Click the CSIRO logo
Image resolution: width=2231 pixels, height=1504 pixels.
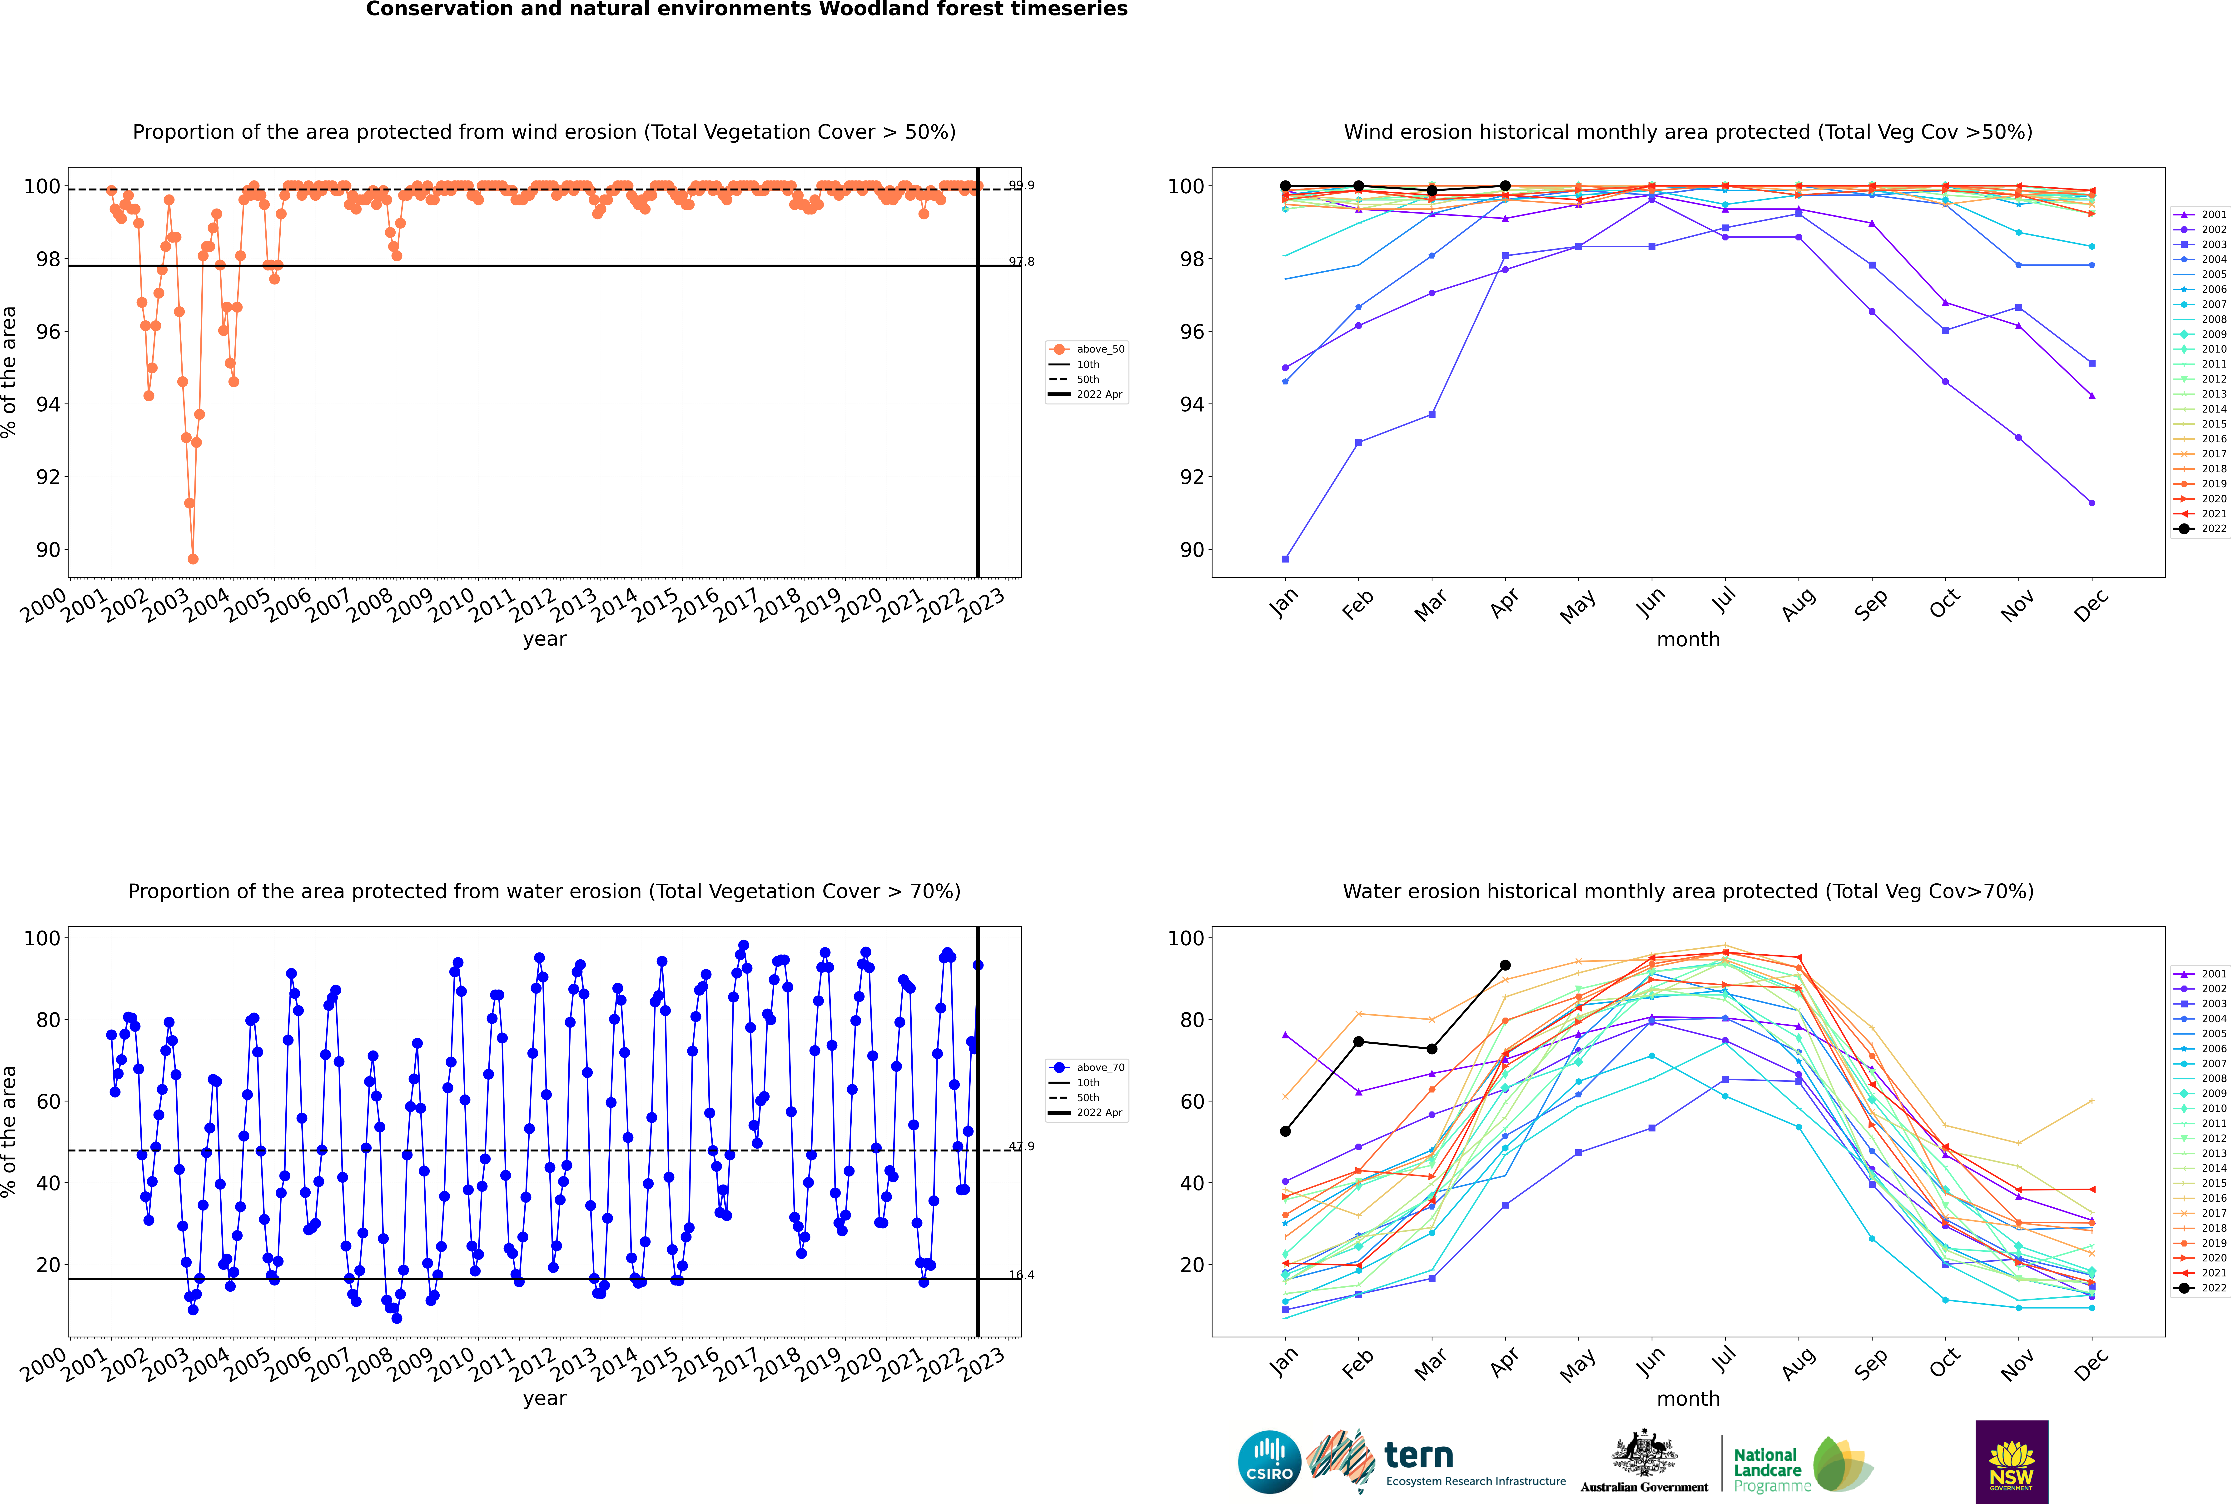coord(1269,1462)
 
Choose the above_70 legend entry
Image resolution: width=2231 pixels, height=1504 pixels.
coord(1088,1068)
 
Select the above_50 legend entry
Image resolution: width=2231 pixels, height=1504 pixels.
coord(1088,349)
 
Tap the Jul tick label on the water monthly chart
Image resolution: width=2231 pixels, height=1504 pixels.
coord(1724,1360)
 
